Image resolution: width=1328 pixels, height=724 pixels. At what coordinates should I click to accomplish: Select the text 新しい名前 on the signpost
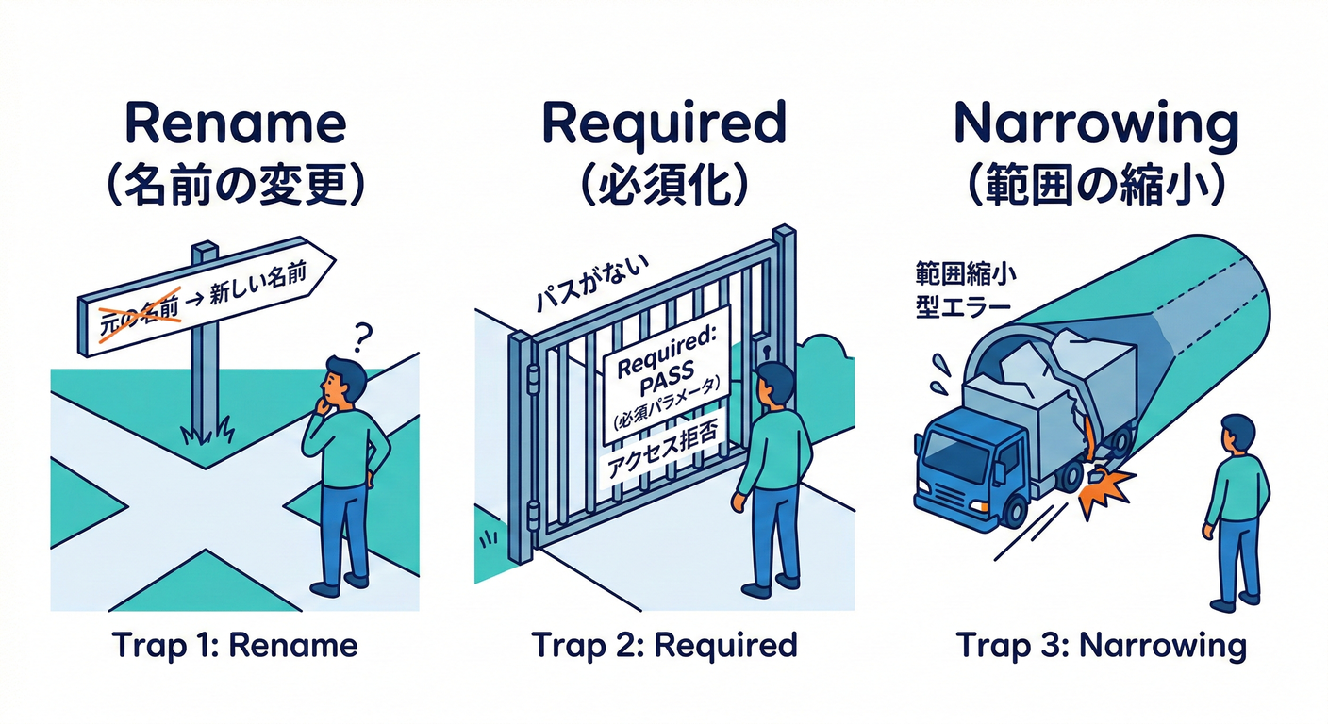click(257, 283)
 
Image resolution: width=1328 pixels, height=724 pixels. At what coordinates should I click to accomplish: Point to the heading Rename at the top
click(236, 123)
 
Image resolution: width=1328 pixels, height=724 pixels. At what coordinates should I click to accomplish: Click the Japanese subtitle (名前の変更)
click(236, 186)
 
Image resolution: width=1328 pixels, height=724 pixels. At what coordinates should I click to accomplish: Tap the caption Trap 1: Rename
click(235, 645)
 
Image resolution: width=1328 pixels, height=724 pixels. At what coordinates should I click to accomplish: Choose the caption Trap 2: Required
click(664, 645)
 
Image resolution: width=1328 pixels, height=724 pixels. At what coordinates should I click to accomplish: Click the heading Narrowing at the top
click(1096, 124)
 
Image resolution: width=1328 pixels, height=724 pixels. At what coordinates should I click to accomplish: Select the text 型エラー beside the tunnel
click(963, 307)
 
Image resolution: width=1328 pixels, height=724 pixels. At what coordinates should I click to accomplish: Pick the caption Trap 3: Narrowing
click(1101, 646)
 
